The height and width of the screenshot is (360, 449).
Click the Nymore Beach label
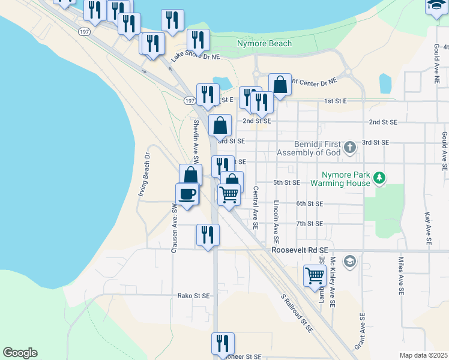264,43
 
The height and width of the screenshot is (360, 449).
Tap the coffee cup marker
187,194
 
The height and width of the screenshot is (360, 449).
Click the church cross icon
351,146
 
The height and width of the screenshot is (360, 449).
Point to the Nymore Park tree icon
379,178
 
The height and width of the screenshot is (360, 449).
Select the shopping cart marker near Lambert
315,276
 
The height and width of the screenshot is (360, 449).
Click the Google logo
20,353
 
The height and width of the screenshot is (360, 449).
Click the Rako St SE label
193,296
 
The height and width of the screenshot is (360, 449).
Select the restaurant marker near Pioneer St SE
223,344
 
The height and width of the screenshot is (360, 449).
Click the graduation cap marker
437,5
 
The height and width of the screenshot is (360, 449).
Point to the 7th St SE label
309,223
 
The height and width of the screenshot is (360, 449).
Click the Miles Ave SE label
400,275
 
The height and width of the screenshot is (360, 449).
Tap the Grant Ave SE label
360,331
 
